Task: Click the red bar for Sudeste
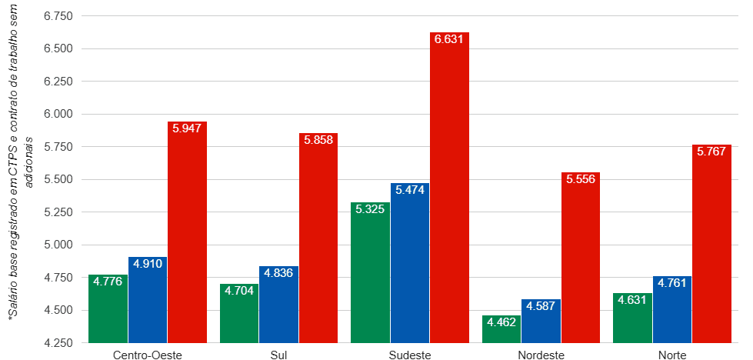click(449, 188)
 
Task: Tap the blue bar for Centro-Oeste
click(148, 300)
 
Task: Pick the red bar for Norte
click(711, 243)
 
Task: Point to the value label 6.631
click(449, 39)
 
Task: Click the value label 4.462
click(501, 322)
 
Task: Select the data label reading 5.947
click(187, 128)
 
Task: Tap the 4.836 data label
click(278, 273)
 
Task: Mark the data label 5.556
click(581, 179)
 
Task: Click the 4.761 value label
click(672, 283)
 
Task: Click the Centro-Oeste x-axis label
click(148, 355)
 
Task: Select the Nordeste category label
click(541, 355)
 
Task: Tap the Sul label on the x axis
click(278, 355)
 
